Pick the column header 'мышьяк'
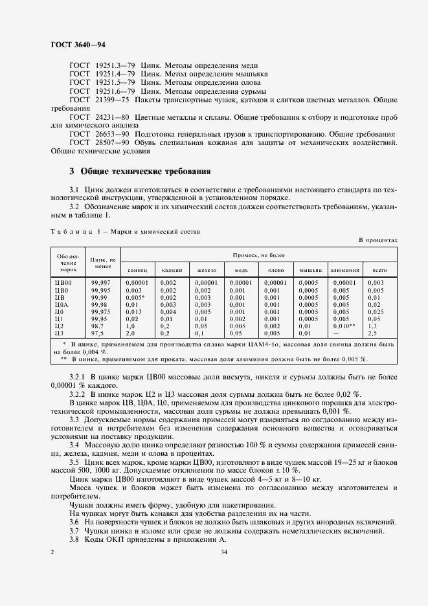tap(308, 269)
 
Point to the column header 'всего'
tap(376, 269)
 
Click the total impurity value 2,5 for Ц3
tap(372, 332)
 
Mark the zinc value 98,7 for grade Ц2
tap(98, 325)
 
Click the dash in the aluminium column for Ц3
tap(336, 332)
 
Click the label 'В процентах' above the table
tap(377, 240)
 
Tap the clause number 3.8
tap(74, 539)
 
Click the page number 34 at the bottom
tap(223, 552)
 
